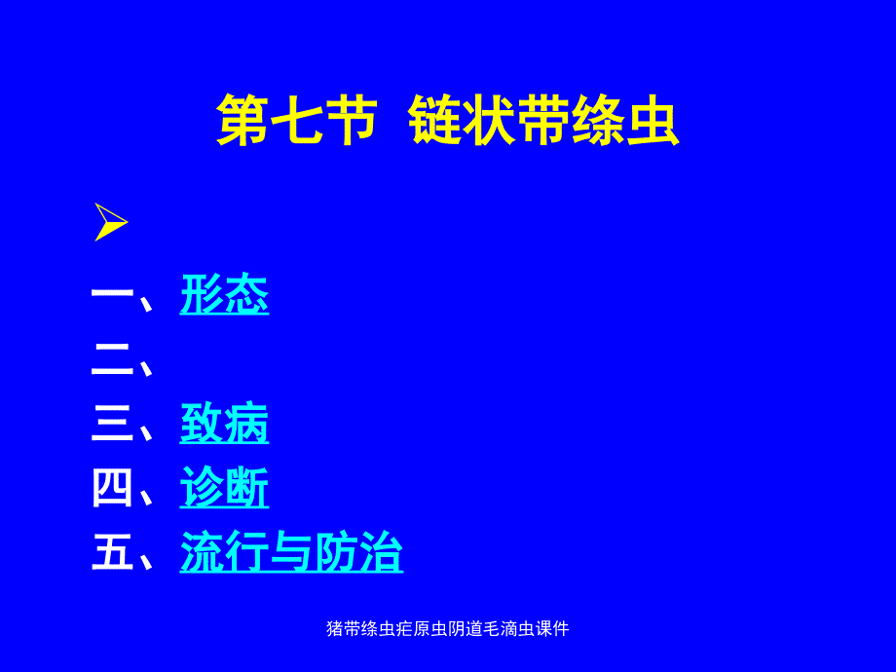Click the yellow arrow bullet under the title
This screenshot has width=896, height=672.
pyautogui.click(x=111, y=222)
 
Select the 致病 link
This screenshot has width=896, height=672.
pyautogui.click(x=224, y=426)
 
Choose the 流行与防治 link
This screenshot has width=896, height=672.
pyautogui.click(x=291, y=554)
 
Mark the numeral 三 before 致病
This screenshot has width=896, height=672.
pyautogui.click(x=113, y=426)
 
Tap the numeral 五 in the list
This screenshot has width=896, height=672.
pyautogui.click(x=113, y=554)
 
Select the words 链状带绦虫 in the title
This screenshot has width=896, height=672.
pyautogui.click(x=543, y=122)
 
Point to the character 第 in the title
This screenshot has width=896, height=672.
pyautogui.click(x=243, y=122)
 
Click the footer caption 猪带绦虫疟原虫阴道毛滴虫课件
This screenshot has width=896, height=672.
pyautogui.click(x=447, y=629)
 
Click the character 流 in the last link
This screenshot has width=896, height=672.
pyautogui.click(x=202, y=554)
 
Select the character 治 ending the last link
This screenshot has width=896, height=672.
pyautogui.click(x=381, y=554)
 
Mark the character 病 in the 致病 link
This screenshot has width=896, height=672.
pyautogui.click(x=246, y=426)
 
